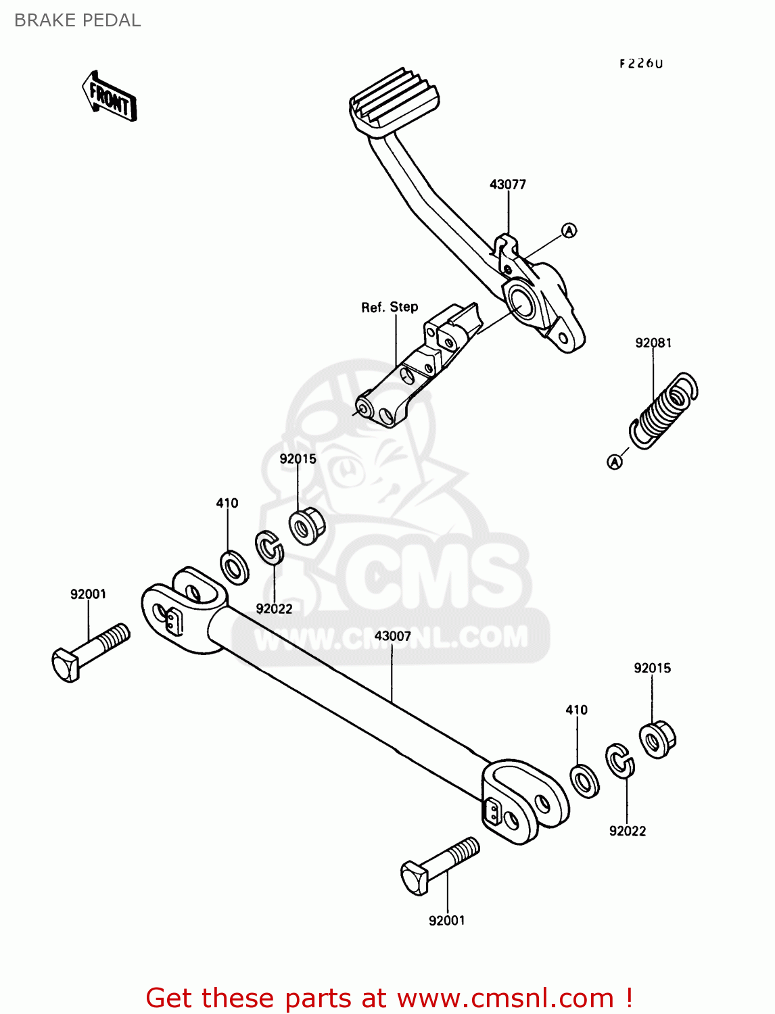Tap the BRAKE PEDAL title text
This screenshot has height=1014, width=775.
coord(77,20)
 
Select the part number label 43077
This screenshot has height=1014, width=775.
coord(507,185)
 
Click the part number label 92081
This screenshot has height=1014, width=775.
coord(653,343)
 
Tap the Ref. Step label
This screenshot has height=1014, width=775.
coord(390,308)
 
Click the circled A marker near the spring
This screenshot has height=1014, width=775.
coord(615,462)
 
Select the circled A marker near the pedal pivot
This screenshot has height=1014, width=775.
coord(569,231)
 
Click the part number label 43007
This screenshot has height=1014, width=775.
coord(392,636)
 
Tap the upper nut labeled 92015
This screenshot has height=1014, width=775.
coord(307,525)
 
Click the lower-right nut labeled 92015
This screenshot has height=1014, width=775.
coord(657,740)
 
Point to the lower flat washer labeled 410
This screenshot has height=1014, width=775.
coord(584,781)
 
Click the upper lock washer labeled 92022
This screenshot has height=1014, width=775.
coord(269,548)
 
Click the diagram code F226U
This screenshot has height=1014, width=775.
coord(641,64)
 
